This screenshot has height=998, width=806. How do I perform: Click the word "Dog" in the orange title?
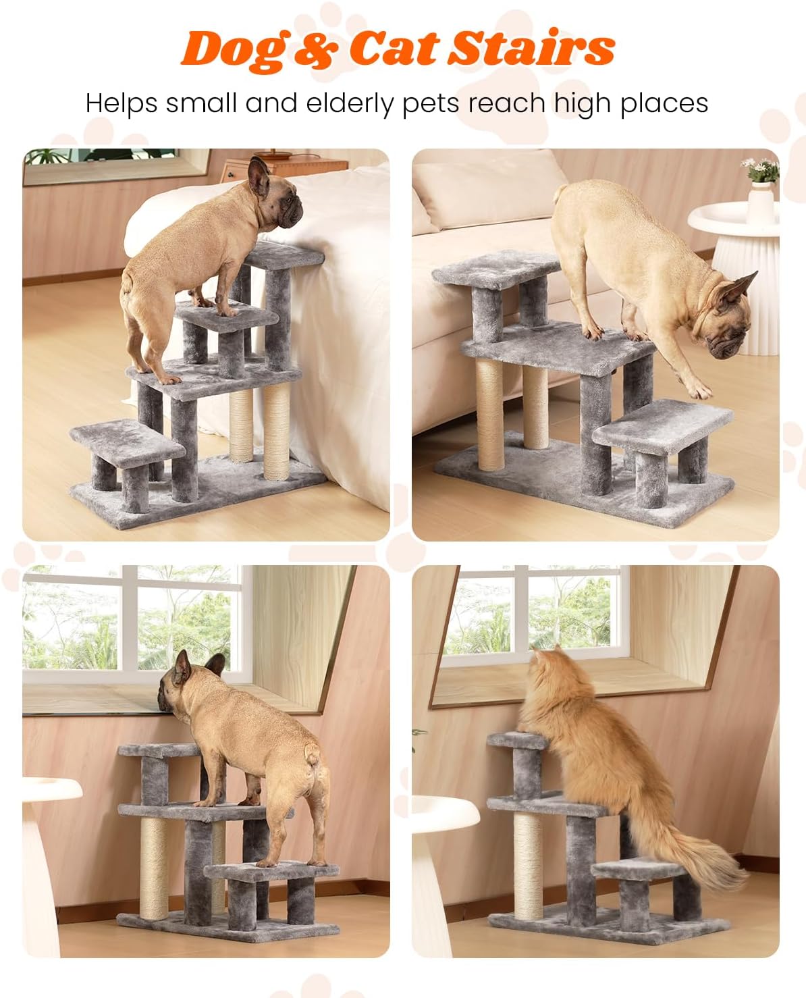[x=232, y=49]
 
